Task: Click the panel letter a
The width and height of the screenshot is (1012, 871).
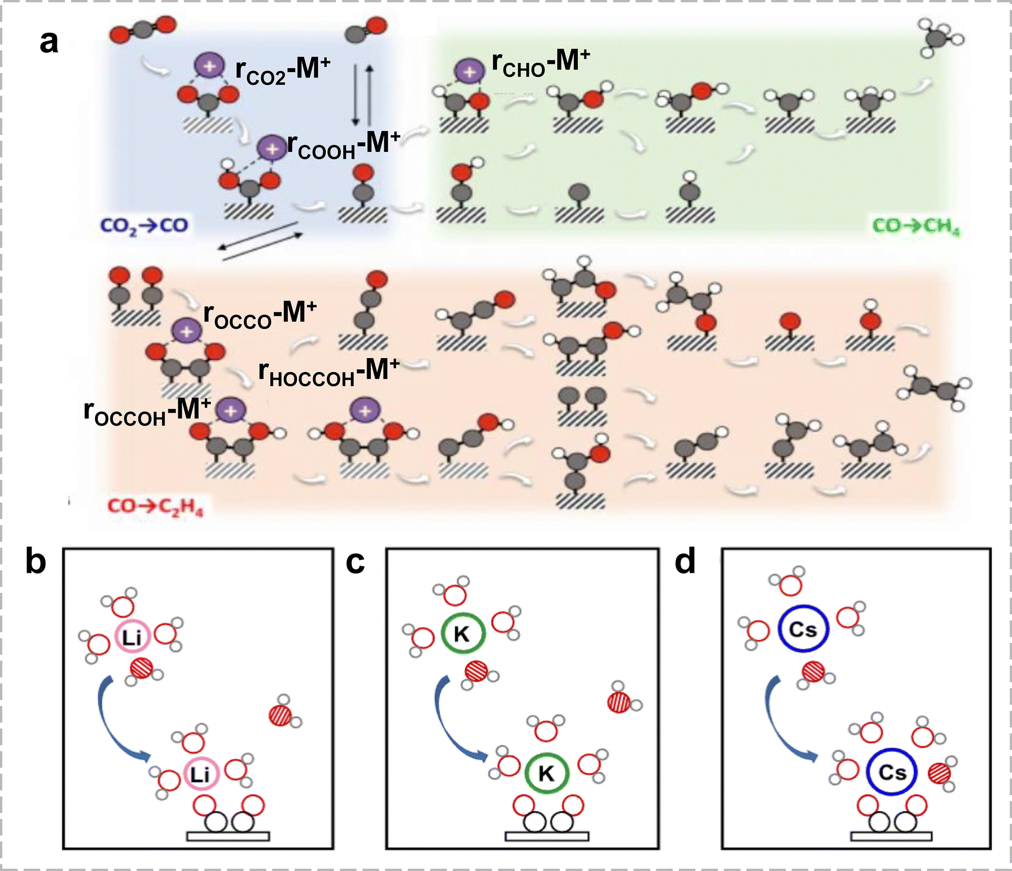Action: [x=49, y=42]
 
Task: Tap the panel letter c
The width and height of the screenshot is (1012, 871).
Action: [x=355, y=561]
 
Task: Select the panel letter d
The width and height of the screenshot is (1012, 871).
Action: [x=685, y=561]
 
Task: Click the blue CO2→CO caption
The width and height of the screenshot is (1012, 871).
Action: [x=144, y=225]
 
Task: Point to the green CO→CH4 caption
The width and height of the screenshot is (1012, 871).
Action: [x=916, y=227]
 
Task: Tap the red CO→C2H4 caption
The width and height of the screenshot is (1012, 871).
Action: [x=155, y=507]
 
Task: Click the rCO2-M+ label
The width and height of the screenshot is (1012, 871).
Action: [x=283, y=71]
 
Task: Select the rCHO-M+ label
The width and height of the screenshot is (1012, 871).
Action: [x=540, y=62]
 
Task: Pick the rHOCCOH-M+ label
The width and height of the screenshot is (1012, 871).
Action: [x=329, y=373]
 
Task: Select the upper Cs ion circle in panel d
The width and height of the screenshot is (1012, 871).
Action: [x=803, y=629]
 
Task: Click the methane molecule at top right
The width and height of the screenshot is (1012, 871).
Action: [x=941, y=38]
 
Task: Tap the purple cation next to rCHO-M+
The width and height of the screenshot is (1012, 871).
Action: [x=469, y=72]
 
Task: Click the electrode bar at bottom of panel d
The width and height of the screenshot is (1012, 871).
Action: [x=891, y=836]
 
